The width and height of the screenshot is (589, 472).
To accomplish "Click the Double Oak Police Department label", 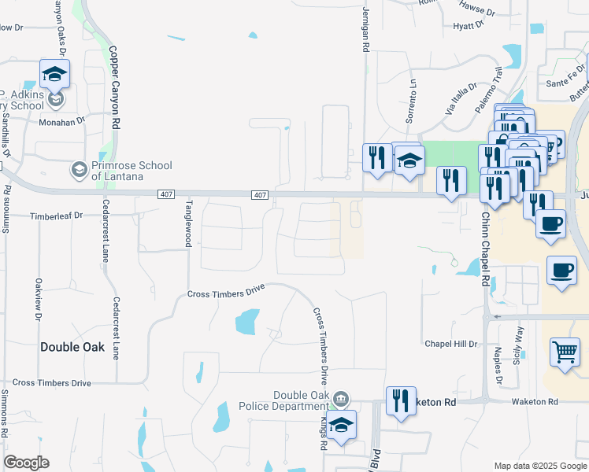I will tap(299, 400).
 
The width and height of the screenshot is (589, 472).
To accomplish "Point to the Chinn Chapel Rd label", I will tap(486, 248).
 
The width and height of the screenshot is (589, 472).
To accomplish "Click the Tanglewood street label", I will tap(188, 223).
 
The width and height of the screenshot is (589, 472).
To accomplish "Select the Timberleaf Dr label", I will tap(56, 215).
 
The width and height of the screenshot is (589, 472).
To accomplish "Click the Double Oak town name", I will tap(72, 346).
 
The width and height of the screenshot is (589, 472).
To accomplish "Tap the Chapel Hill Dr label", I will tap(451, 344).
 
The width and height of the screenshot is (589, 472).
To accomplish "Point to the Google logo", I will tap(26, 463).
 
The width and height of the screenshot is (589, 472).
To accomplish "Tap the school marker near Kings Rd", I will tap(341, 426).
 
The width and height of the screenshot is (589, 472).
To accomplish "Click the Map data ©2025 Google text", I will tap(540, 466).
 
